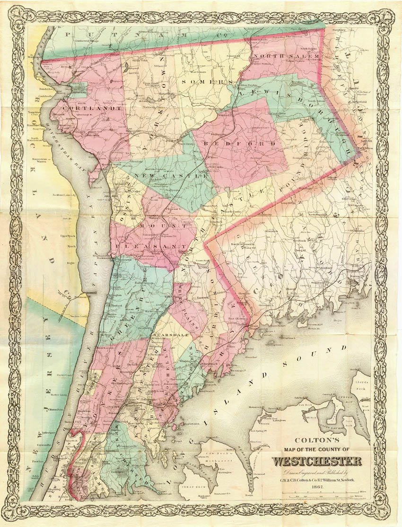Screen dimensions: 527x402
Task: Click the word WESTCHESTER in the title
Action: point(316,461)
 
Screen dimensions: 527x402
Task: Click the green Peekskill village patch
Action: point(78,90)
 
